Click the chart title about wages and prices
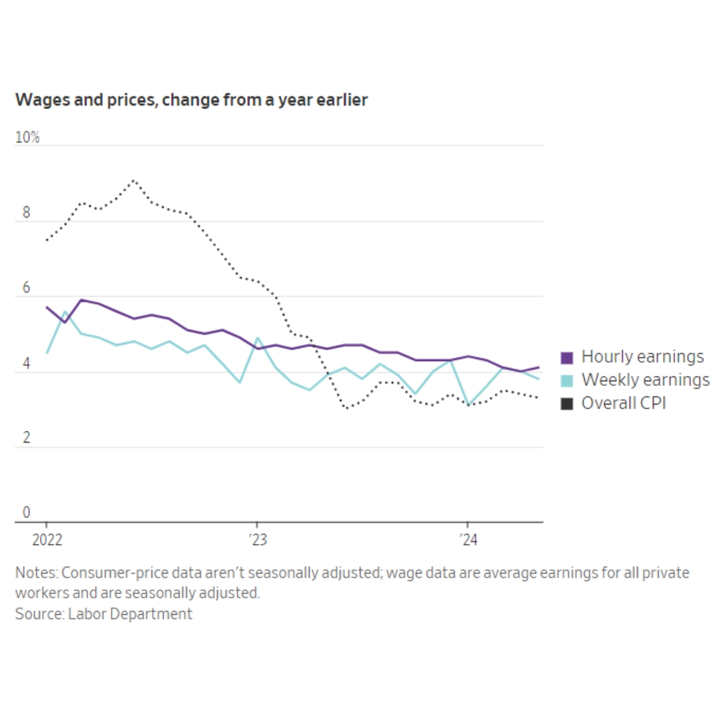coord(191,100)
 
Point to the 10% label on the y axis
coord(27,138)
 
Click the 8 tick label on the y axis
coord(27,214)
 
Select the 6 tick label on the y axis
coord(27,289)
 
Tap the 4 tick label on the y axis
coord(27,365)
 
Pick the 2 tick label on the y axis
coord(27,439)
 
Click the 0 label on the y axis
coord(27,513)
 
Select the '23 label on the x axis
coord(257,539)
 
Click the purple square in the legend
coord(567,358)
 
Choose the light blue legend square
coord(567,381)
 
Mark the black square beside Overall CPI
coord(567,404)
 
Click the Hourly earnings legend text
coord(642,357)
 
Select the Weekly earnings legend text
coord(646,381)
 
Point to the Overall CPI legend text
coord(624,403)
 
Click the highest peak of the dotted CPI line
coord(134,180)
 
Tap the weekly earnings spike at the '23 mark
coord(257,338)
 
